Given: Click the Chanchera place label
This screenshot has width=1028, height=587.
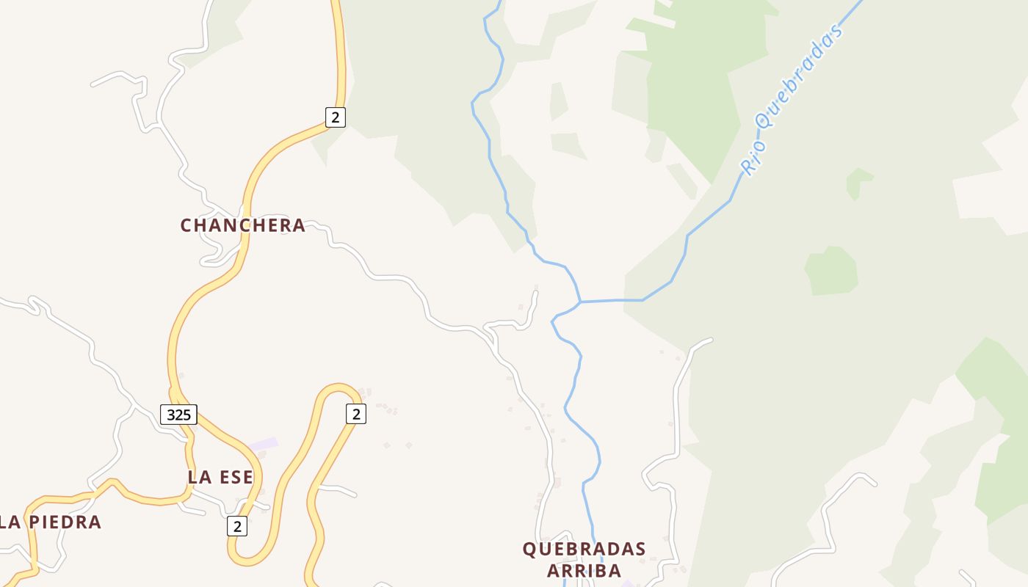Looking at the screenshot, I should pos(242,225).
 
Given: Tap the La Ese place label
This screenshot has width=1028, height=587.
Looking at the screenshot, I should pos(220,477).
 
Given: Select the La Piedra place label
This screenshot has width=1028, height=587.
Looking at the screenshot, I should pos(50,522).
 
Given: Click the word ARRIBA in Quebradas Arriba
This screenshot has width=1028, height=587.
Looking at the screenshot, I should pos(584,571).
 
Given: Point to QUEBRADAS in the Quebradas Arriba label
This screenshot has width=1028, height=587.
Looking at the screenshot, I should pos(584,549).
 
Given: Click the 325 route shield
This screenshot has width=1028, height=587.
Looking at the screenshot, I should pos(178,415).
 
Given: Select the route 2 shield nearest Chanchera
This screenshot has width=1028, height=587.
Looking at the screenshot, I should pos(335,117).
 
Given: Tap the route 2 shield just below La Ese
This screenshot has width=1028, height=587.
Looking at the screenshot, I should pos(236,526).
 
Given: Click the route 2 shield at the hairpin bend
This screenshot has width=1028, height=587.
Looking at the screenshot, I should pos(355,414).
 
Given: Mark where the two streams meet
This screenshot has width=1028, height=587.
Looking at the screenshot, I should pos(580,302).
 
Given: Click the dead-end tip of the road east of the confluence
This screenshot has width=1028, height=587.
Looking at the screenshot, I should pos(711,340).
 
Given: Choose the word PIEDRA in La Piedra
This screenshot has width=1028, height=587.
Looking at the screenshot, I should pos(65,522).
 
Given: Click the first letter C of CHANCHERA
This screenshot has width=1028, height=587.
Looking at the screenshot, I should pos(186,225).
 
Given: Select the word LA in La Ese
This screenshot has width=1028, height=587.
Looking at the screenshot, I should pos(196,477).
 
